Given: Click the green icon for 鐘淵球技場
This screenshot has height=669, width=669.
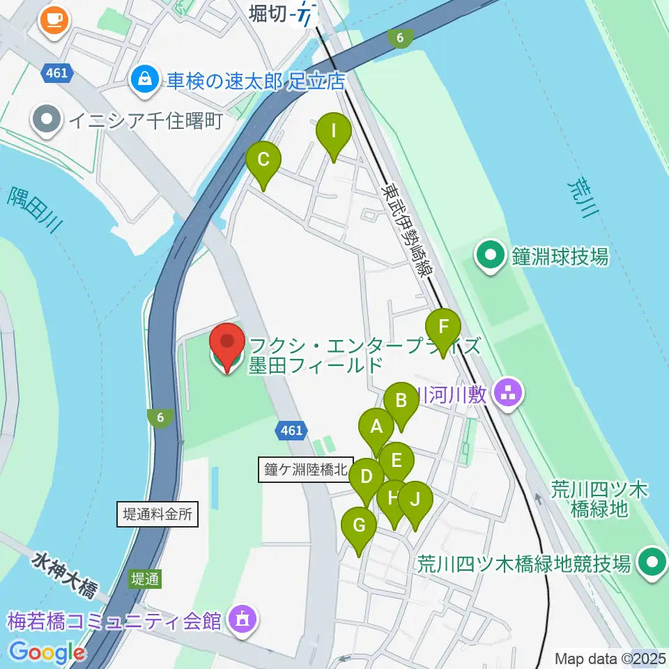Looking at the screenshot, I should coord(491,256).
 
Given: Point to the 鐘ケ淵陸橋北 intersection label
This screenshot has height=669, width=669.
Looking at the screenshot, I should coord(305,469).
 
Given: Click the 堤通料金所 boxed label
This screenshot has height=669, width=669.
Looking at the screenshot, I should coord(156,515).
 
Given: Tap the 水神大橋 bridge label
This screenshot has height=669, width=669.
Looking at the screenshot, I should coord(63,574).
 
